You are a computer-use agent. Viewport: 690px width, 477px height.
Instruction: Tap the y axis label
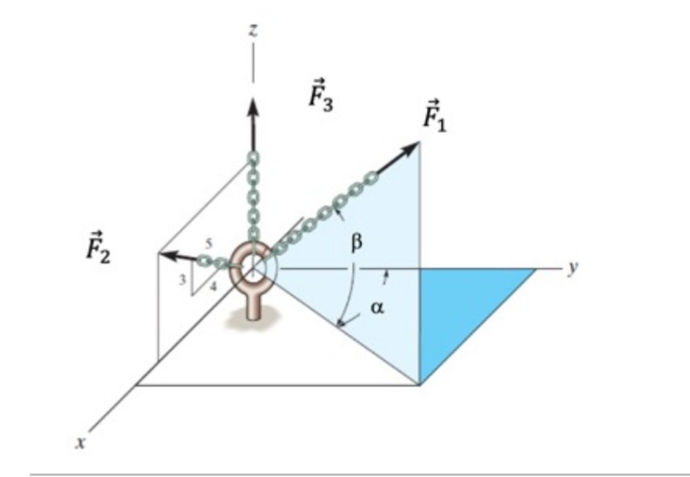coord(572,268)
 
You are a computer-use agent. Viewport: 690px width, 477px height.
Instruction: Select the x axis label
coord(80,444)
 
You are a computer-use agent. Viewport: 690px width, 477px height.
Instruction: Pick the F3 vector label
coord(318,94)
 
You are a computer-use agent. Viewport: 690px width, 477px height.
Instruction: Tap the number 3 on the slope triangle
coord(182,280)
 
